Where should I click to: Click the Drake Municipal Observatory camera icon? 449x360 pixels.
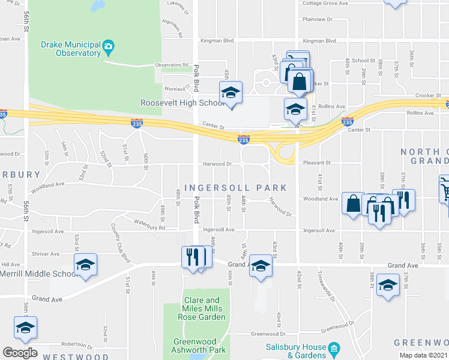pyautogui.click(x=109, y=46)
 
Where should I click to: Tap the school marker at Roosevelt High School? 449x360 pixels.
pyautogui.click(x=230, y=93)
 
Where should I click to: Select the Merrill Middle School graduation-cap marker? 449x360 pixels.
pyautogui.click(x=86, y=265)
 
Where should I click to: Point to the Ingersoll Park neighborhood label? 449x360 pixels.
pyautogui.click(x=232, y=188)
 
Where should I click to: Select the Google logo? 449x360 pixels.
pyautogui.click(x=20, y=353)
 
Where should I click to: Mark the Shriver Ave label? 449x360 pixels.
pyautogui.click(x=46, y=254)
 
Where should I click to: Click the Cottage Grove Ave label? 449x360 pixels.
pyautogui.click(x=325, y=4)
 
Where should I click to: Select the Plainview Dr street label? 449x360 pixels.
pyautogui.click(x=318, y=19)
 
